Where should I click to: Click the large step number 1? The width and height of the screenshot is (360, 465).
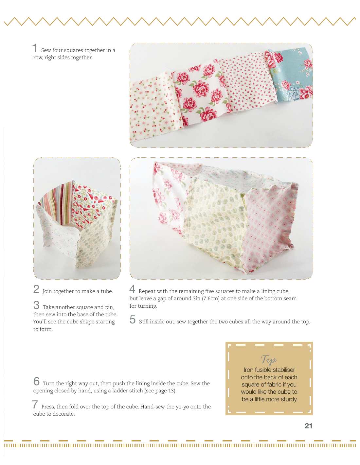pyautogui.click(x=35, y=48)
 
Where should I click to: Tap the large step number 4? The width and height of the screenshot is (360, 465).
pyautogui.click(x=132, y=289)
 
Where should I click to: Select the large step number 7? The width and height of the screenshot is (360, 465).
pyautogui.click(x=35, y=404)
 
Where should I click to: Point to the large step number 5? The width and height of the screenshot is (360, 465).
pyautogui.click(x=133, y=319)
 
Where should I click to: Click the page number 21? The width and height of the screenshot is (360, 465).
pyautogui.click(x=308, y=426)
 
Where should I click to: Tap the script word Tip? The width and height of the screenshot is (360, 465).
pyautogui.click(x=269, y=359)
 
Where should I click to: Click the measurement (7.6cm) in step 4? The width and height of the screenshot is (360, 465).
pyautogui.click(x=211, y=299)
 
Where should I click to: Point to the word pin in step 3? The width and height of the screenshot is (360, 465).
pyautogui.click(x=109, y=308)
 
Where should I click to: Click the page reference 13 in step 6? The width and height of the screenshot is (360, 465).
pyautogui.click(x=171, y=391)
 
